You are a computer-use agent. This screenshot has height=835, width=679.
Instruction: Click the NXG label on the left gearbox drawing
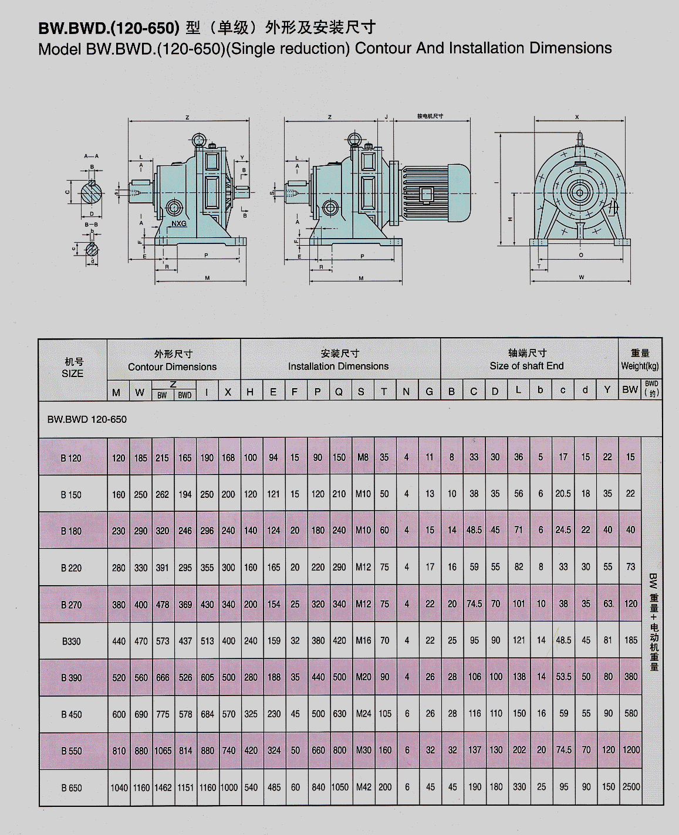[179, 223]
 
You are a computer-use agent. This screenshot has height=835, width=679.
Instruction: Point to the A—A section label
[91, 156]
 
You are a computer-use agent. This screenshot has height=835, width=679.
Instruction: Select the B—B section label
[91, 225]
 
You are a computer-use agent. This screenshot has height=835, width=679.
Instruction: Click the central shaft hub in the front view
[580, 192]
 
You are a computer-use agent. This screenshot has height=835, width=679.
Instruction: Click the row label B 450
[72, 714]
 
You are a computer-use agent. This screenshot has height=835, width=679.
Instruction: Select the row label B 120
[72, 458]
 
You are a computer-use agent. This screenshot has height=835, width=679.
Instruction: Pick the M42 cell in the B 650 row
[363, 787]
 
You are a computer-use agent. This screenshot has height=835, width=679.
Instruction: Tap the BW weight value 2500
[631, 786]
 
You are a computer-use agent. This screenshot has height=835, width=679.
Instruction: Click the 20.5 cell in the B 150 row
[563, 494]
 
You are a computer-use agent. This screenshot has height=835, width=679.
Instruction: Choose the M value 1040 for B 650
[119, 787]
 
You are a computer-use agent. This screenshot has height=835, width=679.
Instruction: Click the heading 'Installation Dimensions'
[338, 366]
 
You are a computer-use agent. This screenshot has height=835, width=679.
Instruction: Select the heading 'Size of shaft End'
[526, 366]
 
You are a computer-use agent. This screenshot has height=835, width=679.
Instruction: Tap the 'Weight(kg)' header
[640, 366]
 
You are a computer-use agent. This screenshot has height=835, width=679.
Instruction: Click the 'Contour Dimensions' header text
[173, 367]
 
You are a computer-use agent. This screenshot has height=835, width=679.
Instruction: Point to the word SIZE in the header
[72, 374]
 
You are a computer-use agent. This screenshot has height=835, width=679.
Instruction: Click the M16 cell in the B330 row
[363, 640]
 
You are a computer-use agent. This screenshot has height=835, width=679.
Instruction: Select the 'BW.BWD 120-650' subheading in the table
[87, 419]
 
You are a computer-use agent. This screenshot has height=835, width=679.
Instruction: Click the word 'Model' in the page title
[60, 49]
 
